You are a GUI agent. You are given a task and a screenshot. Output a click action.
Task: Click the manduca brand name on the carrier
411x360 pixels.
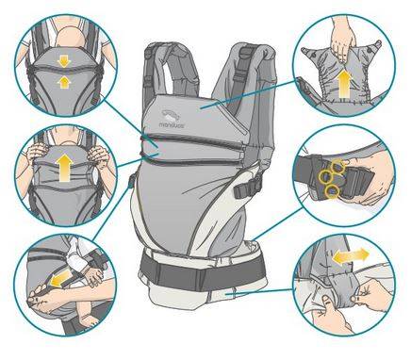click(172, 124)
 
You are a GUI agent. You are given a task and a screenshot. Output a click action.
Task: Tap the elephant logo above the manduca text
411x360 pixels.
click(171, 115)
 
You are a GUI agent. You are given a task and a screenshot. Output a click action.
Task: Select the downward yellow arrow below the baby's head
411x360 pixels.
click(64, 61)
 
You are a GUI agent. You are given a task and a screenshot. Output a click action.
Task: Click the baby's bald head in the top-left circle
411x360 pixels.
click(70, 38)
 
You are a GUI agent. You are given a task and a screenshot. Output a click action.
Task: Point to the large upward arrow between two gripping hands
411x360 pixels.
click(65, 168)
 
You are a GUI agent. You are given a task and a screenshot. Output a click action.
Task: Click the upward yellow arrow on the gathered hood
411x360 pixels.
click(345, 84)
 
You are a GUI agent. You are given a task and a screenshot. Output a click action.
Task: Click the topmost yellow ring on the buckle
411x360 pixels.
click(338, 165)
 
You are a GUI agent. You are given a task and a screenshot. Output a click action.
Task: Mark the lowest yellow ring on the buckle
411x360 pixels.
click(333, 191)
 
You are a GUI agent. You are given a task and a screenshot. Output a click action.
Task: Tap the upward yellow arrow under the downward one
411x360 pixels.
click(64, 83)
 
